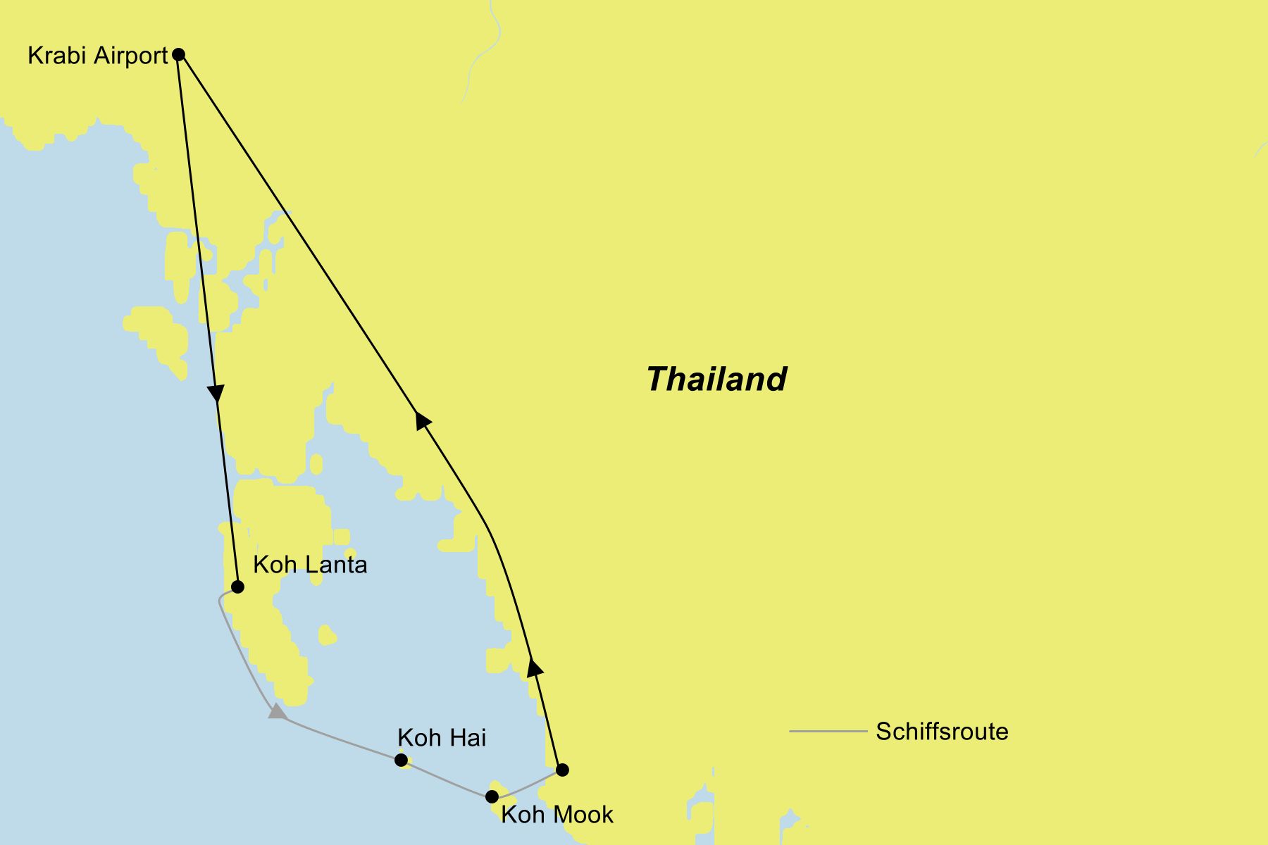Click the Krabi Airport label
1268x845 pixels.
point(97,56)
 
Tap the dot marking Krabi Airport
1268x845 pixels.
point(179,54)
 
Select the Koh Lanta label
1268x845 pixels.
point(310,565)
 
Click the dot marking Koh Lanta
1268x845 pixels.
point(237,587)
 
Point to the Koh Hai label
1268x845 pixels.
point(442,738)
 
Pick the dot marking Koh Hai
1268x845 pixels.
point(401,760)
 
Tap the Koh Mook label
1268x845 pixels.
point(557,815)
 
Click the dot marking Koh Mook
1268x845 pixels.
point(492,796)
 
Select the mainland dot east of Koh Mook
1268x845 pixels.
point(562,770)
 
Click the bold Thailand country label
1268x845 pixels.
point(716,379)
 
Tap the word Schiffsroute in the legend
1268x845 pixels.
point(942,732)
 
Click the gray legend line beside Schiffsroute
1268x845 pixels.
point(828,732)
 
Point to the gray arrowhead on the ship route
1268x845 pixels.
point(278,711)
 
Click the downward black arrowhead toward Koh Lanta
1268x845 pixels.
point(216,393)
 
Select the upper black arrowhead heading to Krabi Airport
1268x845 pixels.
point(422,420)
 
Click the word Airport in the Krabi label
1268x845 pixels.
point(131,56)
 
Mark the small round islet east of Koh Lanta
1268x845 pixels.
point(327,635)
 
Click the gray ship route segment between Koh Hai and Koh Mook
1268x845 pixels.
point(447,778)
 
